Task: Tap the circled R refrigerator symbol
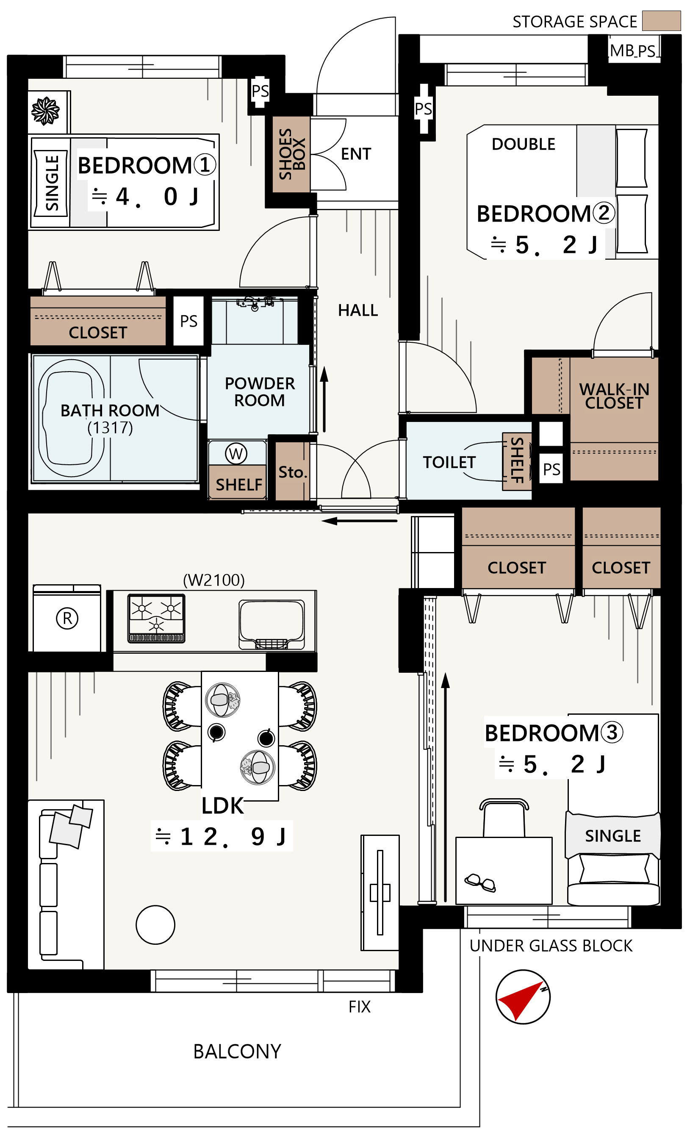click(x=67, y=618)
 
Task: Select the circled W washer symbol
click(x=236, y=454)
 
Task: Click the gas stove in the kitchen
click(x=156, y=618)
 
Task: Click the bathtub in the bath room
click(x=72, y=418)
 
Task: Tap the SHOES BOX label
click(x=292, y=154)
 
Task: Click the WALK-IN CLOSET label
click(x=614, y=396)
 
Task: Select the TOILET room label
click(x=449, y=462)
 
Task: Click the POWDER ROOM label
click(x=260, y=391)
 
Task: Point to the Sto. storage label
click(x=293, y=472)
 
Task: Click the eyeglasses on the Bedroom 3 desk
click(x=480, y=882)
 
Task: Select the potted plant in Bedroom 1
click(x=45, y=111)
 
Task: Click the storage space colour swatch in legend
click(x=662, y=21)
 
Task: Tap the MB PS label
click(x=633, y=51)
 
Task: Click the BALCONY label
click(x=237, y=1052)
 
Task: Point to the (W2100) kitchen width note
click(x=214, y=580)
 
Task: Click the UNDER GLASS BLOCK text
click(x=551, y=946)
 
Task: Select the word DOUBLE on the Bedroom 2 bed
click(x=523, y=144)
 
